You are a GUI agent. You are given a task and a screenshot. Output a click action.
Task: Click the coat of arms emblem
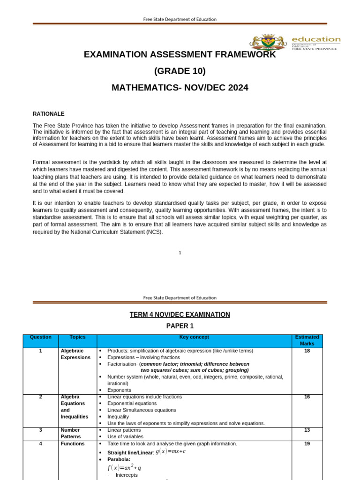269,42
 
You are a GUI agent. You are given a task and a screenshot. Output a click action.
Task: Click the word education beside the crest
316,39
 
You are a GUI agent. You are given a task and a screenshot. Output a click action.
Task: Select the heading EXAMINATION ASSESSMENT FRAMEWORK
180,55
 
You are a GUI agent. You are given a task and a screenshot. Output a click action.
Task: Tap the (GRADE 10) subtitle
180,71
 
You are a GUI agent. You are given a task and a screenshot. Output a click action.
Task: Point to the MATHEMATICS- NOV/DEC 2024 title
180,88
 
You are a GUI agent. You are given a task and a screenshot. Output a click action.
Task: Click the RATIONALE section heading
49,114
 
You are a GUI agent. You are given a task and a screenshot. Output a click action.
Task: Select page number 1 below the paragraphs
180,253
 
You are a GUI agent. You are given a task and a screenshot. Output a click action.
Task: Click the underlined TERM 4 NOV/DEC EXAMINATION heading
180,315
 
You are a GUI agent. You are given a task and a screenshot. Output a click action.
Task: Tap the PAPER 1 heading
180,326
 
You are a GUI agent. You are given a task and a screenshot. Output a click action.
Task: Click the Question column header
40,337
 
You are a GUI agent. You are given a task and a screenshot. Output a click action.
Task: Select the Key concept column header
194,337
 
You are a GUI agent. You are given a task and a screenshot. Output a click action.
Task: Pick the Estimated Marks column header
307,340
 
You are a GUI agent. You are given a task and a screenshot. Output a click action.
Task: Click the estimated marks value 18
307,351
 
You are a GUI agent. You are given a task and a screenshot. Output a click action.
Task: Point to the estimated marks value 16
307,397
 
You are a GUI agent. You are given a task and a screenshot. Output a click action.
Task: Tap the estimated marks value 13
307,430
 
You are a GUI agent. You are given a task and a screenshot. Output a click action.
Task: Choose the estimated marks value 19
307,443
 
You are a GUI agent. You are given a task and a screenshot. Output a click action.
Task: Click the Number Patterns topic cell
70,433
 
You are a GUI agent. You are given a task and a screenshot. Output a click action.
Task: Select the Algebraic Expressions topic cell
75,354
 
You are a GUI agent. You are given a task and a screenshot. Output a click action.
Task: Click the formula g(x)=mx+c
170,452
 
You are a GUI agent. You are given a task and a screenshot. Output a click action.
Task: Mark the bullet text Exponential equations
132,403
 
